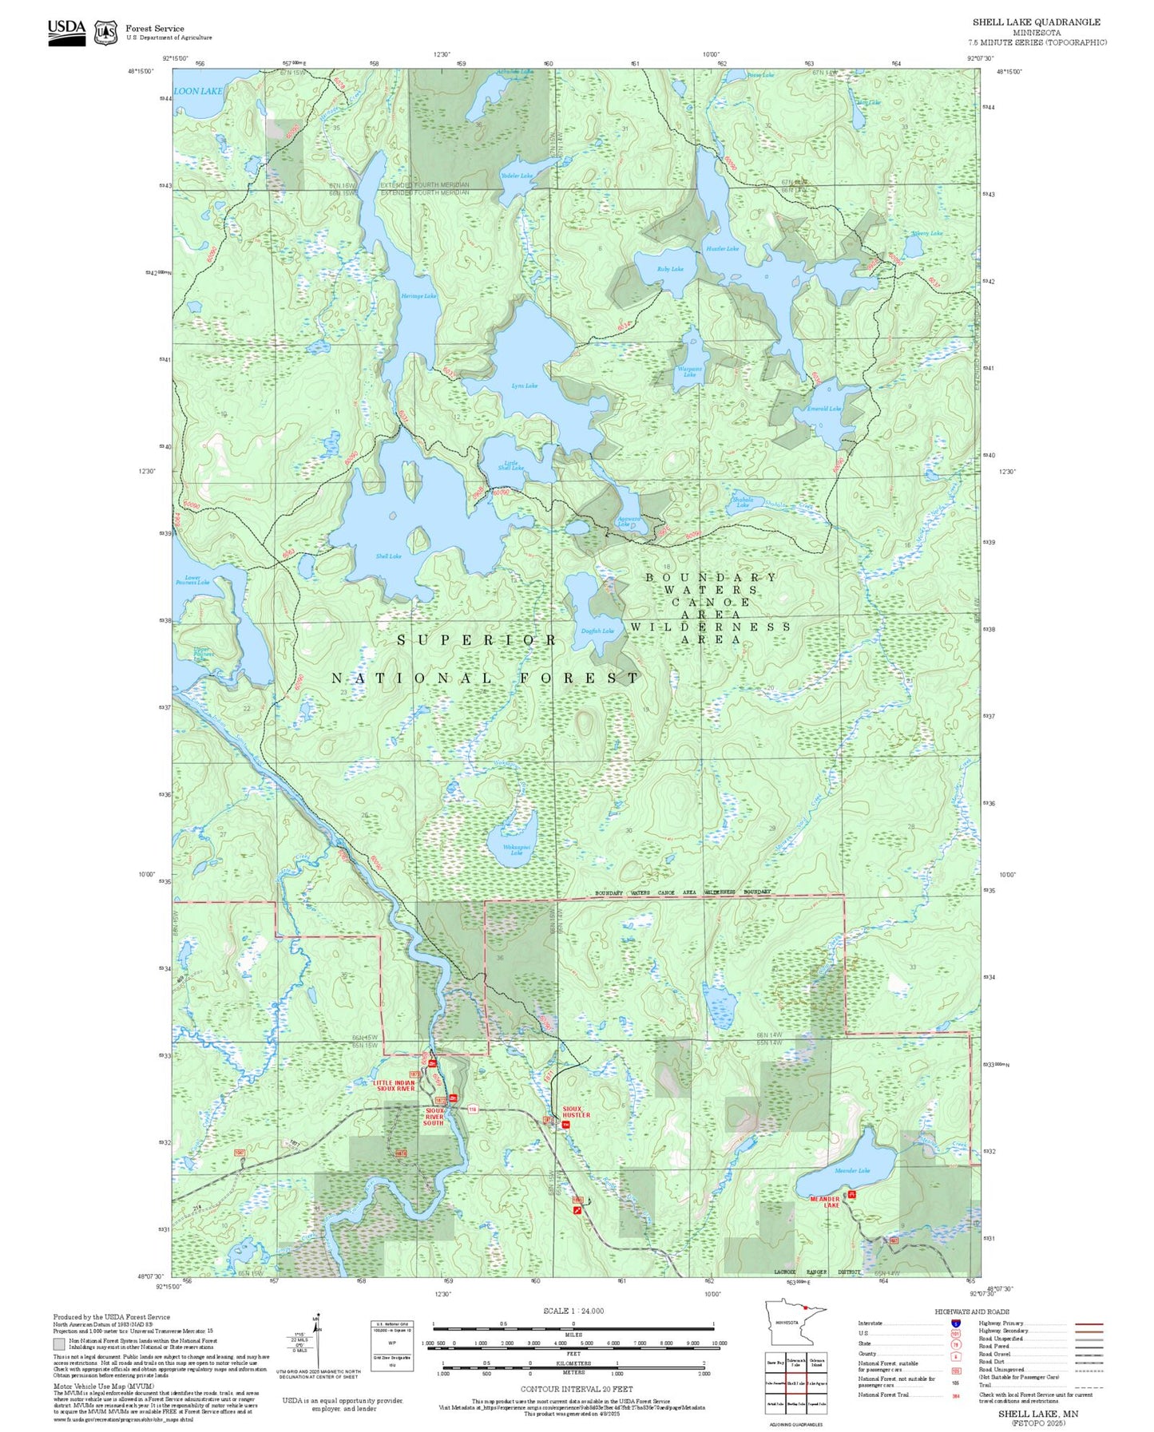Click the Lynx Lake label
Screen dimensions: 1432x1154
[x=524, y=386]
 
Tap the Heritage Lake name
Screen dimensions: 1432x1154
[x=418, y=296]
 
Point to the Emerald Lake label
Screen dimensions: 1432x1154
[x=823, y=409]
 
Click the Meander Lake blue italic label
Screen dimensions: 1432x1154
[x=852, y=1170]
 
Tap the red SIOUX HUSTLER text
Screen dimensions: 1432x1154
[x=576, y=1112]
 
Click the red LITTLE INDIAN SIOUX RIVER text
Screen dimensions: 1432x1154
[x=394, y=1086]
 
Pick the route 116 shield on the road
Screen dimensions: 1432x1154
[x=472, y=1109]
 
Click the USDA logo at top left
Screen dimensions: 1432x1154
[x=66, y=32]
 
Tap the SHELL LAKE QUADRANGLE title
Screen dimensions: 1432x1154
[x=1036, y=22]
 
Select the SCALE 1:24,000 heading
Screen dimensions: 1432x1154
[x=573, y=1311]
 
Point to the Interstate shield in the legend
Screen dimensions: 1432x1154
[x=956, y=1323]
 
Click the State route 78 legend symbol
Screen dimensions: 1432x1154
[x=956, y=1343]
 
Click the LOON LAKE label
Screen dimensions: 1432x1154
[x=198, y=91]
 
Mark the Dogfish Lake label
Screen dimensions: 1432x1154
[x=597, y=631]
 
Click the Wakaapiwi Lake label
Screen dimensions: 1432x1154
[x=516, y=849]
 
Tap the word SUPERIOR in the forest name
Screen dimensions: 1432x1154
[x=477, y=640]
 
